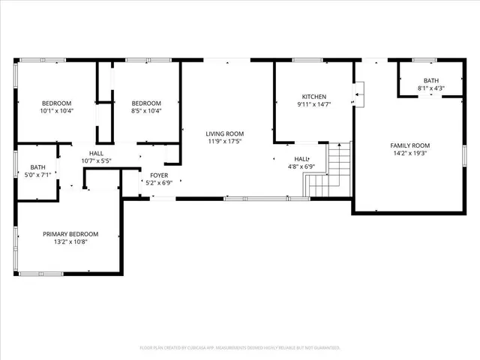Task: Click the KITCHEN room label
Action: tap(313, 97)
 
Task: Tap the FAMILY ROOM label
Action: tap(409, 145)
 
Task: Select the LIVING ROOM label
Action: tap(225, 133)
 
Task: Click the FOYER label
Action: tap(157, 175)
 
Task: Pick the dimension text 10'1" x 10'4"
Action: tap(56, 111)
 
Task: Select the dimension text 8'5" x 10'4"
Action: tap(146, 111)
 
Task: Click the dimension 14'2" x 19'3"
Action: tap(409, 153)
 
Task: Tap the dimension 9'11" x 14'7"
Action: tap(313, 105)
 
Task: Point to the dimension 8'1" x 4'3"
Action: tap(430, 88)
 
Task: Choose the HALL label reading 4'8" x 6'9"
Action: tap(301, 167)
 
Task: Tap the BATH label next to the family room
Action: tap(430, 80)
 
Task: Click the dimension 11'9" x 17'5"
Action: tap(225, 142)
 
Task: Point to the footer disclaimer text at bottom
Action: tap(240, 348)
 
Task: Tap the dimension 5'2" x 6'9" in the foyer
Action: tap(157, 182)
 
